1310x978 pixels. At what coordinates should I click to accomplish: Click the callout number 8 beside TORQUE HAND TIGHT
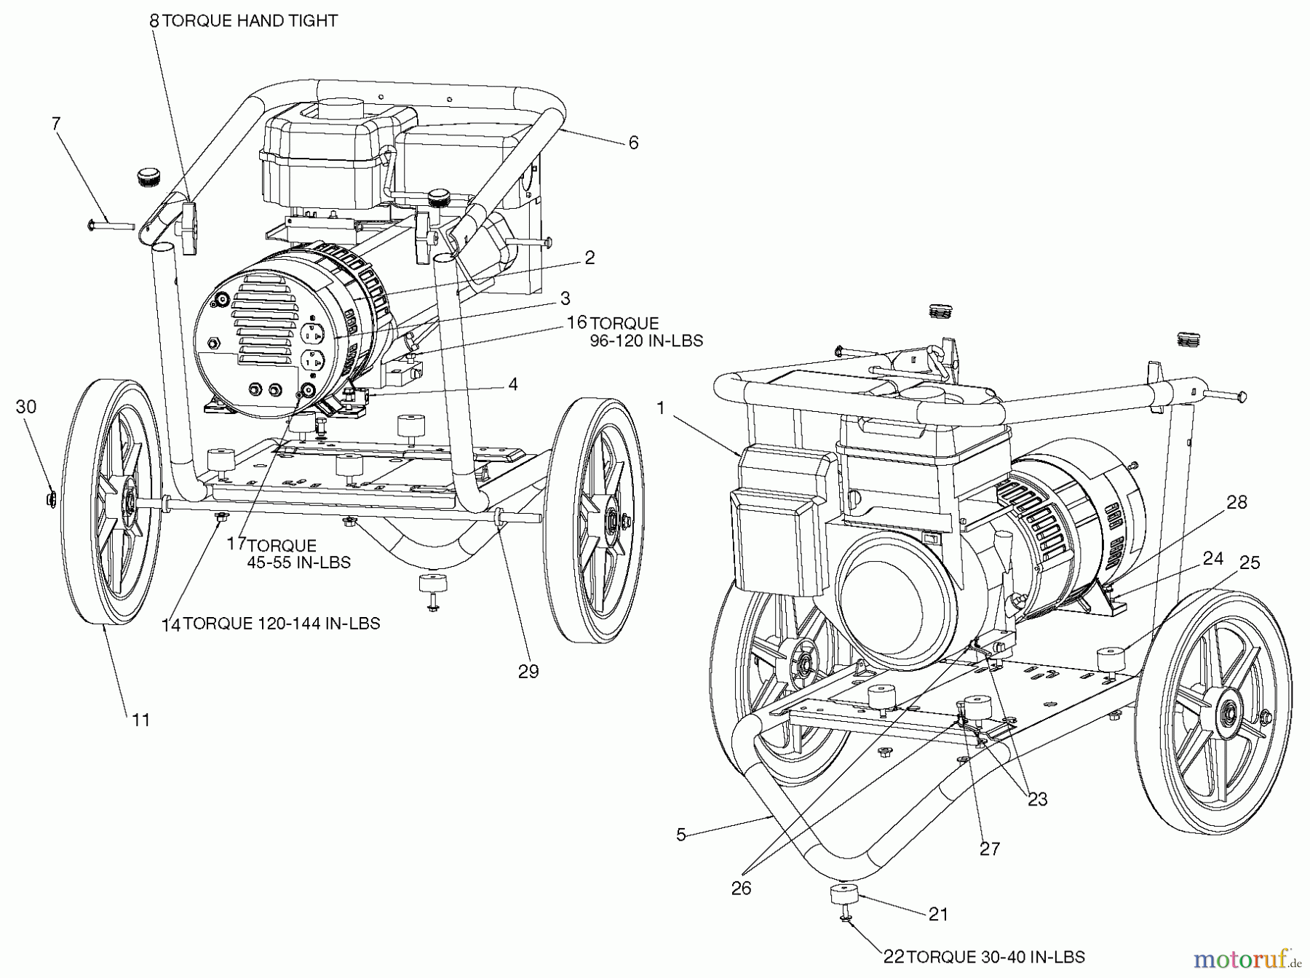coord(154,20)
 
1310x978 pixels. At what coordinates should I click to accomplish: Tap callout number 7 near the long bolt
coord(56,123)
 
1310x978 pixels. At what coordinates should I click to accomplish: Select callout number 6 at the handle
coord(633,143)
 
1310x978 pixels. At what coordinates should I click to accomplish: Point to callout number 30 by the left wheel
coord(25,407)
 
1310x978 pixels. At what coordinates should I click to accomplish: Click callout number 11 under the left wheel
coord(140,720)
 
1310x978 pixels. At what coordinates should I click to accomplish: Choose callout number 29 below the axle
coord(528,671)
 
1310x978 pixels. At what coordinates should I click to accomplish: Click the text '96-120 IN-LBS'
coord(646,341)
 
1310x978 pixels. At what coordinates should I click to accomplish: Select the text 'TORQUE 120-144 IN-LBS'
coord(281,624)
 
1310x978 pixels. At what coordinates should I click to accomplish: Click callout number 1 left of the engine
coord(661,408)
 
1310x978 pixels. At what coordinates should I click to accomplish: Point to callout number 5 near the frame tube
coord(681,835)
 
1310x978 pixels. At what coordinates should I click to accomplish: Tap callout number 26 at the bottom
coord(741,888)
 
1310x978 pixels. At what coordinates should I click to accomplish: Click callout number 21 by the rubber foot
coord(938,914)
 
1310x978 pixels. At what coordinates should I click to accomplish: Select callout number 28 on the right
coord(1236,502)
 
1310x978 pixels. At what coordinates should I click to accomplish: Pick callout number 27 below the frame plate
coord(990,848)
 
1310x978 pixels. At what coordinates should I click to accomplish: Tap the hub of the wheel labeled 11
coord(128,502)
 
